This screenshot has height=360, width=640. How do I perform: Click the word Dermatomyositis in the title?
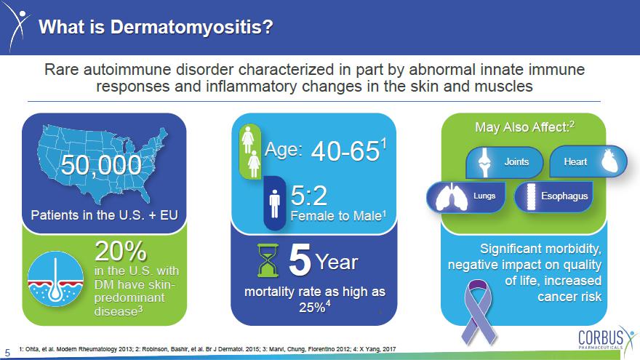191,28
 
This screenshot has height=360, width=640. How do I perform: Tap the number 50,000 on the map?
101,165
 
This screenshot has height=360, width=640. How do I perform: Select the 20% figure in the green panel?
121,251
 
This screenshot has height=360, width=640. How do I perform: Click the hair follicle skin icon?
55,279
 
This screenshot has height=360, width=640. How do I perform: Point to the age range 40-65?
345,151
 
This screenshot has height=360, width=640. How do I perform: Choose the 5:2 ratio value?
309,196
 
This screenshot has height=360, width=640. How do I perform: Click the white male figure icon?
275,204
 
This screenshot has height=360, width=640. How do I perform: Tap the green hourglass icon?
268,260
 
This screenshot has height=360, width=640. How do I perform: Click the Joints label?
516,161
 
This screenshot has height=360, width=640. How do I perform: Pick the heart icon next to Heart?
612,161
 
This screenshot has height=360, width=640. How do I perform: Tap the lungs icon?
452,197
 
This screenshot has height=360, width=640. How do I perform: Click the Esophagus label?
564,196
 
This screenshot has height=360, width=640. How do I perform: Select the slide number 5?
7,353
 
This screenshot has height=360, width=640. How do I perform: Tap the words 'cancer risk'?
569,297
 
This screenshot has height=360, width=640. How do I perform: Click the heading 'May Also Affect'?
522,127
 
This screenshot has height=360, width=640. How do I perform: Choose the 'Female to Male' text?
336,216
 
